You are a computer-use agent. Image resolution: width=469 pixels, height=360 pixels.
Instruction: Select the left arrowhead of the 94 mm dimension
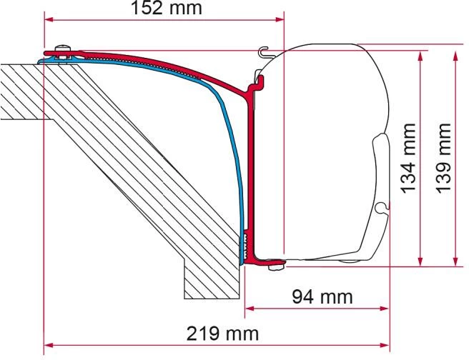[x=250, y=310]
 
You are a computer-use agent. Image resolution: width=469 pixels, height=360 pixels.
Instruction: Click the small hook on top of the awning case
[x=264, y=51]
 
